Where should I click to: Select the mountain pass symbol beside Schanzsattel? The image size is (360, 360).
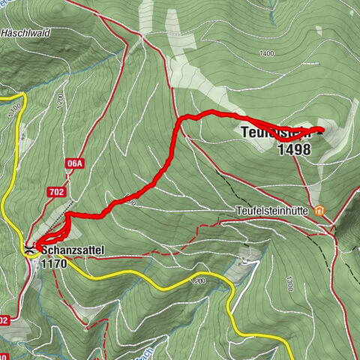click(x=30, y=249)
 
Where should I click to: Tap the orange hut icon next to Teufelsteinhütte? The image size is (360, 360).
click(x=321, y=211)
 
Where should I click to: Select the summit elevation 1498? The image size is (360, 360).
click(x=293, y=148)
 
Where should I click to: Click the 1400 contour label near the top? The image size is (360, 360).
click(x=265, y=54)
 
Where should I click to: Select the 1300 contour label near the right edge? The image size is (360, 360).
click(x=289, y=283)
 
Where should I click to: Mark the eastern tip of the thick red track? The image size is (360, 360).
click(x=321, y=130)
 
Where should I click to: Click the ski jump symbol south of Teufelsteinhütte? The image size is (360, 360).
click(x=246, y=262)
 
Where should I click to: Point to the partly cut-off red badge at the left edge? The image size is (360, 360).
click(x=4, y=319)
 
